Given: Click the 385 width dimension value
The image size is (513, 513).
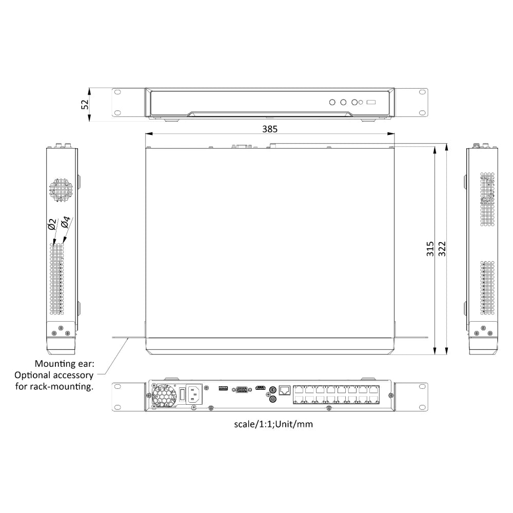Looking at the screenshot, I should tap(270, 129).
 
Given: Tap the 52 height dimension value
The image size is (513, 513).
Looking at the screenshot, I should tap(85, 104).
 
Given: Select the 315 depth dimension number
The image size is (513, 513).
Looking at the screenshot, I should tap(430, 249).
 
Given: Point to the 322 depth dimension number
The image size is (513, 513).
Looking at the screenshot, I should tap(442, 249).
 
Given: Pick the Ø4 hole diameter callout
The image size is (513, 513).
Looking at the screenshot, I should tap(65, 223).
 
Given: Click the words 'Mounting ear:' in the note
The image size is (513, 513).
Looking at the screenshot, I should tap(64, 364).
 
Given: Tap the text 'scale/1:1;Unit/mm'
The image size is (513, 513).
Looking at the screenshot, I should tap(273, 424).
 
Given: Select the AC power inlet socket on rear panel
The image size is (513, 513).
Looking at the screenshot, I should tap(193, 394).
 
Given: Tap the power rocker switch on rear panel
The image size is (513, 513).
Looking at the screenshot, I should tap(182, 394).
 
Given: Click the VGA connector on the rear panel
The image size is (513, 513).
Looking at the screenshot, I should tap(240, 389).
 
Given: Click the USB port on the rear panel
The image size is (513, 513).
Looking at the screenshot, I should tap(223, 388).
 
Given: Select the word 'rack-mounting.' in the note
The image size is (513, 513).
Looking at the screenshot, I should tap(67, 386).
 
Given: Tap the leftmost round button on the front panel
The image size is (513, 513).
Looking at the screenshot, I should tap(332, 102).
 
